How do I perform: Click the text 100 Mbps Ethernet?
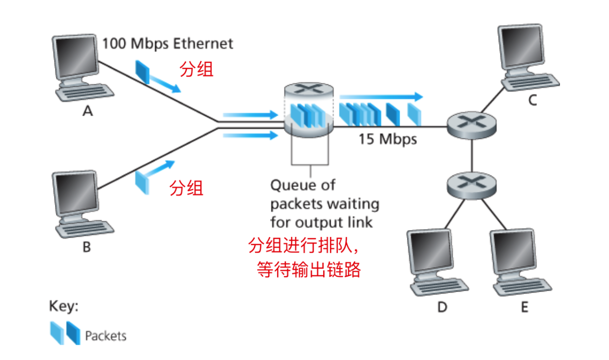pos(167,43)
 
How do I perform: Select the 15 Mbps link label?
pos(387,139)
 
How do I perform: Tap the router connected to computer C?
pos(471,125)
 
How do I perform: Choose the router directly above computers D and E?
pos(471,185)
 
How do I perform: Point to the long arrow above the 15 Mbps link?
pos(381,96)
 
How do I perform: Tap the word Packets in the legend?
pos(105,336)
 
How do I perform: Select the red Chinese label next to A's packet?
pos(197,70)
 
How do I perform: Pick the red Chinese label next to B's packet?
pos(186,188)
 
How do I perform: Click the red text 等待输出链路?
pos(309,269)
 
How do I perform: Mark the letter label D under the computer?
pos(442,308)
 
